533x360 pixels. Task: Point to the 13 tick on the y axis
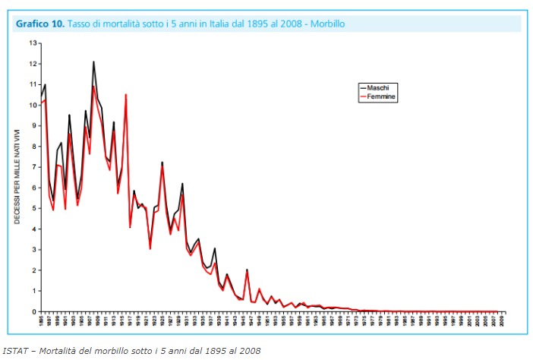[33, 43]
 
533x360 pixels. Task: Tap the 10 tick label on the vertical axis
[33, 105]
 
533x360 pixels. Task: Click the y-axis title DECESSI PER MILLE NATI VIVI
[17, 177]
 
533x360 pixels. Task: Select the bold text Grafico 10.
[39, 24]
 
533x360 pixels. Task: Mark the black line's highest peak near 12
[93, 62]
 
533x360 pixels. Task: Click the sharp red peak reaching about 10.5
[126, 95]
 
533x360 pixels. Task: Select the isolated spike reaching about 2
[247, 270]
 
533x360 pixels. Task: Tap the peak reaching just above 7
[162, 163]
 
